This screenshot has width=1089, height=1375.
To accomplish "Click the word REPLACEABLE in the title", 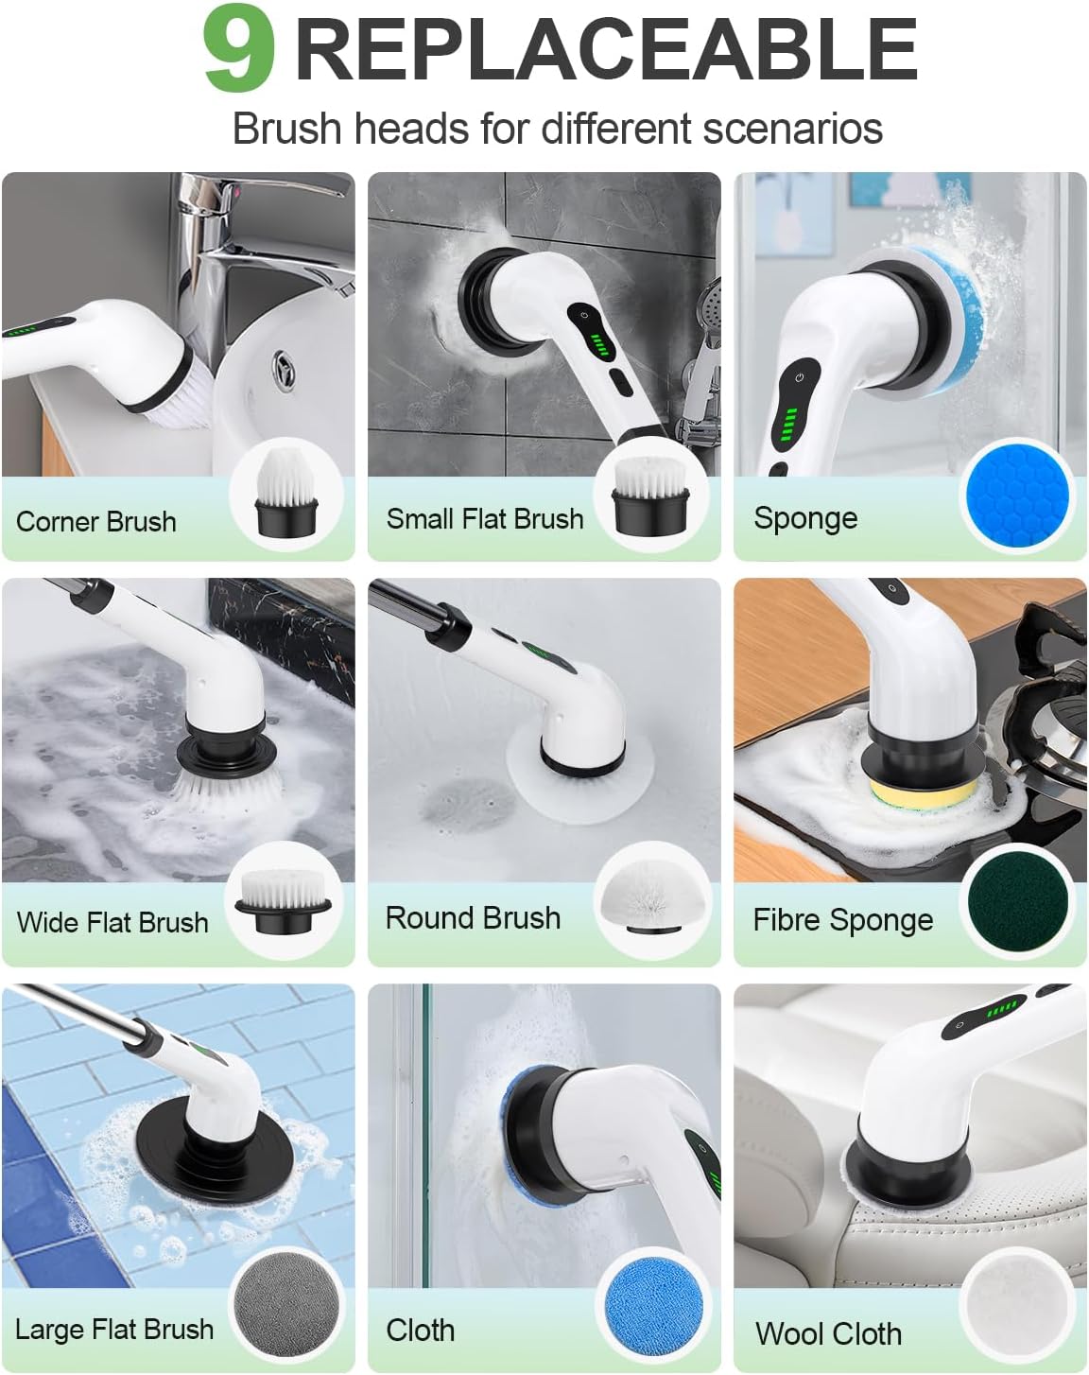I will [606, 50].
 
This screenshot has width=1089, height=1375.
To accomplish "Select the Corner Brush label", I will [96, 521].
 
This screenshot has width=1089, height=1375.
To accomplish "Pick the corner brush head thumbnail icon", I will [286, 496].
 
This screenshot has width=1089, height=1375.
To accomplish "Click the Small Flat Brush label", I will [485, 518].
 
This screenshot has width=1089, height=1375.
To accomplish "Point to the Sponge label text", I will [805, 518].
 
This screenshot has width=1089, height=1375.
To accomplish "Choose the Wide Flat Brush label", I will [112, 922].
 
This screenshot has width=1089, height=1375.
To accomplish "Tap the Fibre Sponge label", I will [842, 920].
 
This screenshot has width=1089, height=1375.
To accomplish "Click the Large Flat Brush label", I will [114, 1329].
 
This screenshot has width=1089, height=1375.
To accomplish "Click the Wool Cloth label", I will [828, 1333].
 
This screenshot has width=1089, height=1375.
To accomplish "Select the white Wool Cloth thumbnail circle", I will [1016, 1308].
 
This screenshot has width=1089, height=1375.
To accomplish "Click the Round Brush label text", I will [473, 918].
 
